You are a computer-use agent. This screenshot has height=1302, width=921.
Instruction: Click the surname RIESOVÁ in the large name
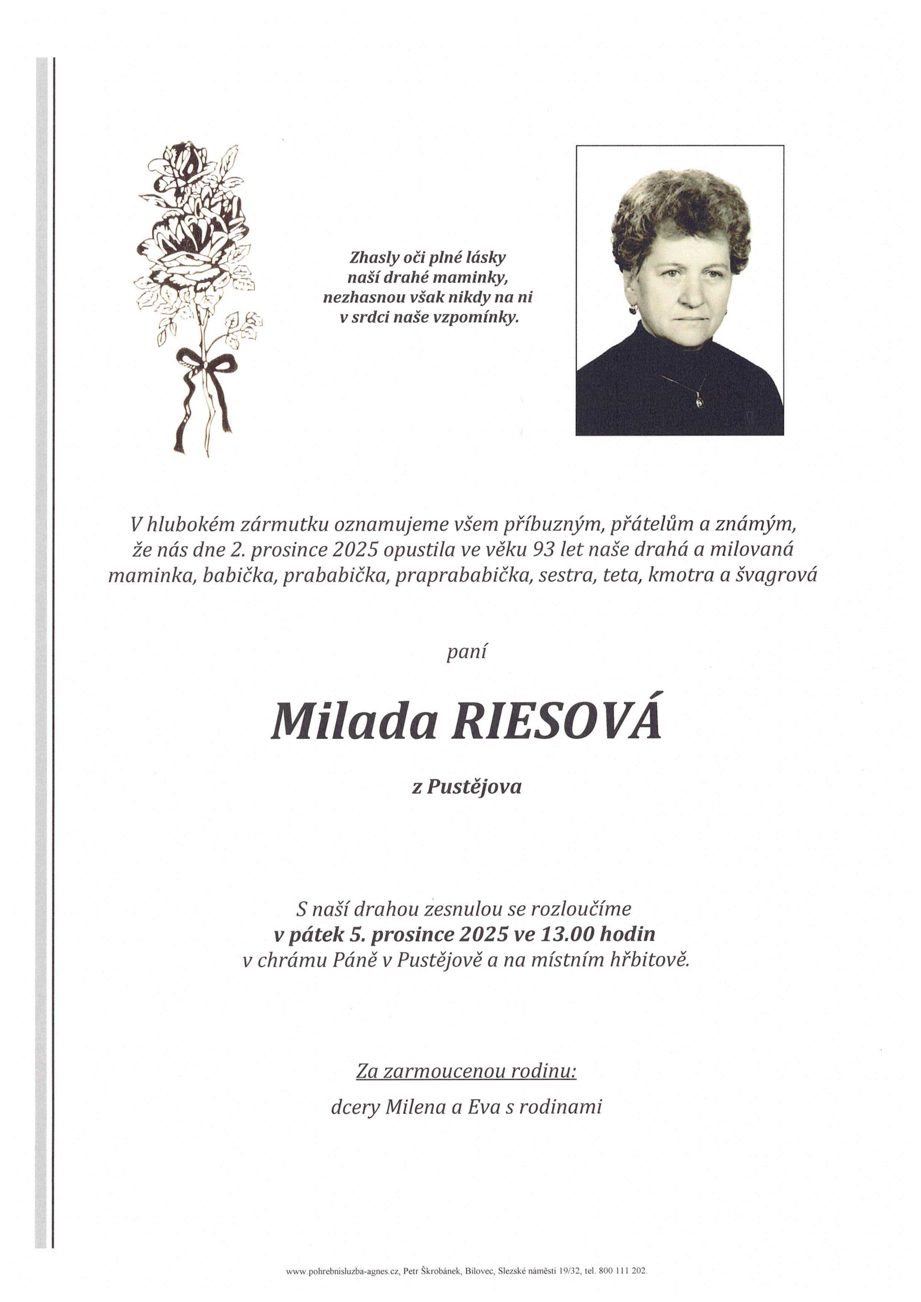tap(556, 723)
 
